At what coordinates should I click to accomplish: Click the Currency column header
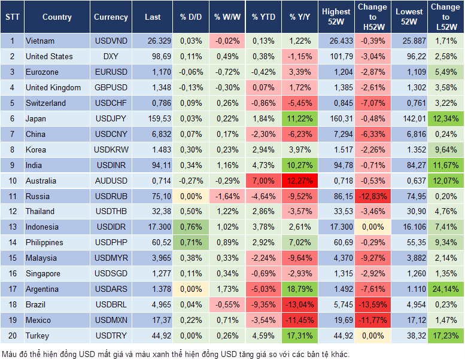pyautogui.click(x=111, y=17)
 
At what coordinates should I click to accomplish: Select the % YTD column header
pyautogui.click(x=262, y=17)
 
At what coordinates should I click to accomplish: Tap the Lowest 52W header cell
pyautogui.click(x=410, y=17)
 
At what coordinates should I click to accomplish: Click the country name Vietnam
pyautogui.click(x=40, y=41)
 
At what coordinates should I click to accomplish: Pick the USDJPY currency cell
pyautogui.click(x=111, y=118)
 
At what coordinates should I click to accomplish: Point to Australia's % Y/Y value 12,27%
pyautogui.click(x=299, y=181)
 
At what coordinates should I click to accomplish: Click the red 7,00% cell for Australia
pyautogui.click(x=262, y=181)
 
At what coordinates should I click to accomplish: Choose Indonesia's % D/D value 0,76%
pyautogui.click(x=190, y=227)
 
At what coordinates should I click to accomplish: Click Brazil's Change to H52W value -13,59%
pyautogui.click(x=372, y=304)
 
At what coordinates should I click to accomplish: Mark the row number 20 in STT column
pyautogui.click(x=12, y=335)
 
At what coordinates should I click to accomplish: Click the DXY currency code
pyautogui.click(x=111, y=56)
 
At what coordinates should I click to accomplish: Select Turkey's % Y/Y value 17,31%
pyautogui.click(x=299, y=335)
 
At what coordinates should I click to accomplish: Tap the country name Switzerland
pyautogui.click(x=45, y=103)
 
